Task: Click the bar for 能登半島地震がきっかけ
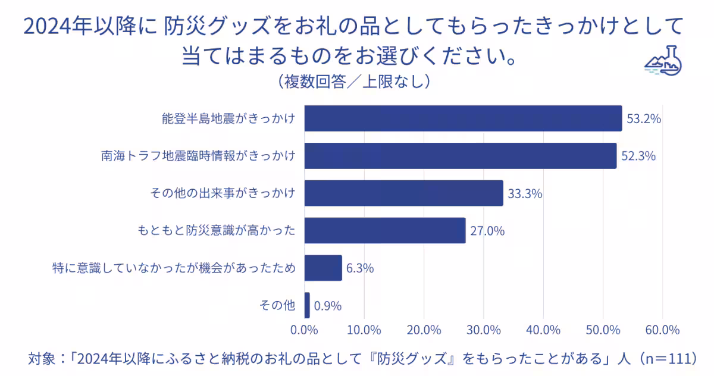coord(463,118)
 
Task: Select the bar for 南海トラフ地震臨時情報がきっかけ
coord(461,156)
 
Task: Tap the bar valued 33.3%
coord(404,193)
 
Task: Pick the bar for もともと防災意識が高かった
coord(385,230)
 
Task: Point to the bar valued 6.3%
coord(323,268)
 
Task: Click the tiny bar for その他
coord(307,305)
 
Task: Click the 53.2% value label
coord(644,119)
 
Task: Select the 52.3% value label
coord(638,156)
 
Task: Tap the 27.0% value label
coord(487,231)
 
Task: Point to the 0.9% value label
coord(328,306)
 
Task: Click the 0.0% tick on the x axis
coord(305,330)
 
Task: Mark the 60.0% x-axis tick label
coord(662,330)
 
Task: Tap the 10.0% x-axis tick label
coord(364,330)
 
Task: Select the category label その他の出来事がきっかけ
coord(221,193)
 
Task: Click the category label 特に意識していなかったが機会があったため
coord(174,268)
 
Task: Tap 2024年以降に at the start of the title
coord(89,27)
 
